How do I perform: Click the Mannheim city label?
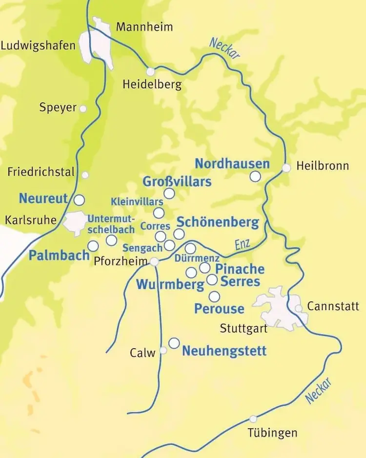tap(144, 27)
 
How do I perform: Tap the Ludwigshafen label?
tap(39, 46)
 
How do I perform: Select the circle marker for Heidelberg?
tap(150, 72)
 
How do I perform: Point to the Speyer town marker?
tap(83, 109)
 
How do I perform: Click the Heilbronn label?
tap(323, 166)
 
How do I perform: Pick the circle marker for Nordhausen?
tap(255, 177)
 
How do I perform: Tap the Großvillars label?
tap(177, 182)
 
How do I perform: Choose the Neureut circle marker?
tap(79, 199)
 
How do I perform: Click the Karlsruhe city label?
tap(30, 219)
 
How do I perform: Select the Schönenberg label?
tap(217, 222)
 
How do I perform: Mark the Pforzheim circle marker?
tap(154, 262)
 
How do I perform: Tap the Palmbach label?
tap(59, 255)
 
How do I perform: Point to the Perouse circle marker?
tap(214, 297)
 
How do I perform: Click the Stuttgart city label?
tap(244, 328)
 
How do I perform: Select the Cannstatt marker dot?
tap(298, 308)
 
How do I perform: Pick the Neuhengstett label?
tap(224, 351)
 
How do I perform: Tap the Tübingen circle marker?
tap(253, 418)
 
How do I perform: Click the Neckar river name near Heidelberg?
tap(225, 49)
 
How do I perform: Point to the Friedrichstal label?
tap(41, 172)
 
